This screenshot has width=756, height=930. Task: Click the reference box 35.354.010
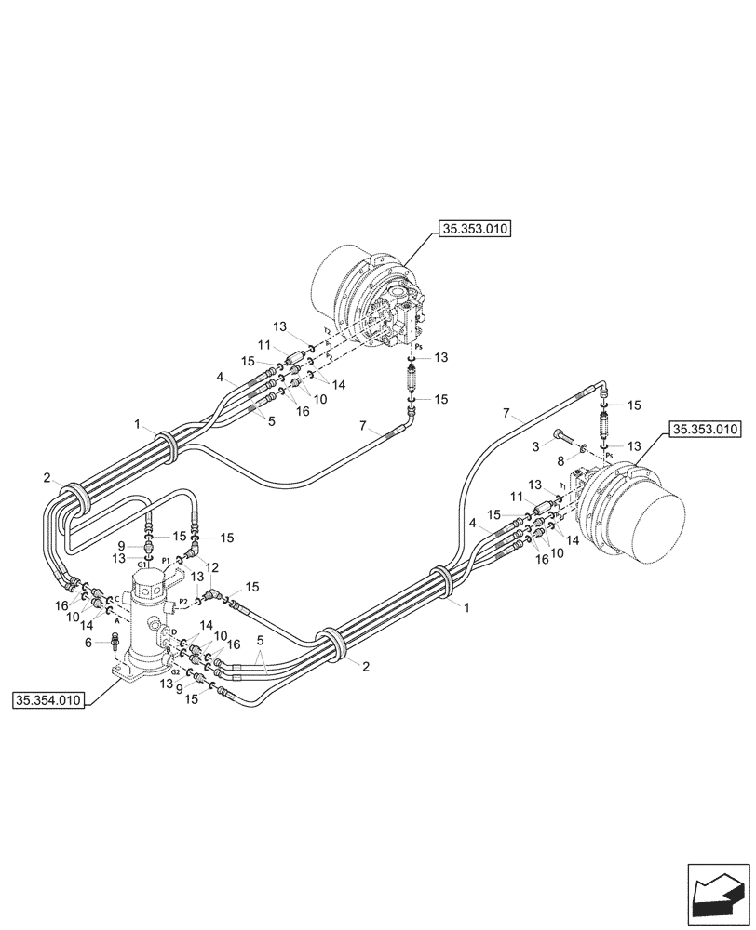coord(48,700)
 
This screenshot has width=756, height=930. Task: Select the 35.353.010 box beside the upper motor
coord(476,230)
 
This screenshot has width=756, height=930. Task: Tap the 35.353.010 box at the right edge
coord(704,430)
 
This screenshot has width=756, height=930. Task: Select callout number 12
coord(213,567)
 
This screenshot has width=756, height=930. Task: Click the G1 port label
coord(142,564)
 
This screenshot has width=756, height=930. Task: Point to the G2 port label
coord(174,670)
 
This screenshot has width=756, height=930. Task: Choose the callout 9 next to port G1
coord(121,544)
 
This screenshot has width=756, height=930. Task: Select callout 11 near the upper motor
coord(263,344)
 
